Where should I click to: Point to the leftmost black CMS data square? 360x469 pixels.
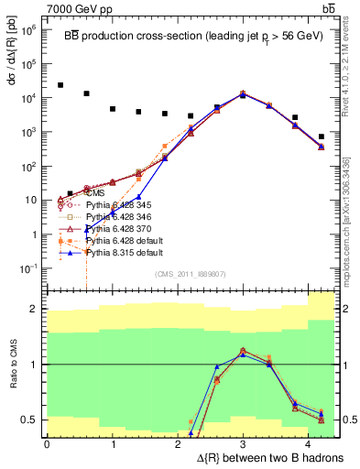(x=60, y=85)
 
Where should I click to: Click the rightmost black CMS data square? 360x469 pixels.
(x=321, y=136)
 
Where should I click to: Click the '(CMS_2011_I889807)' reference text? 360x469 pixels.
(x=189, y=274)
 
